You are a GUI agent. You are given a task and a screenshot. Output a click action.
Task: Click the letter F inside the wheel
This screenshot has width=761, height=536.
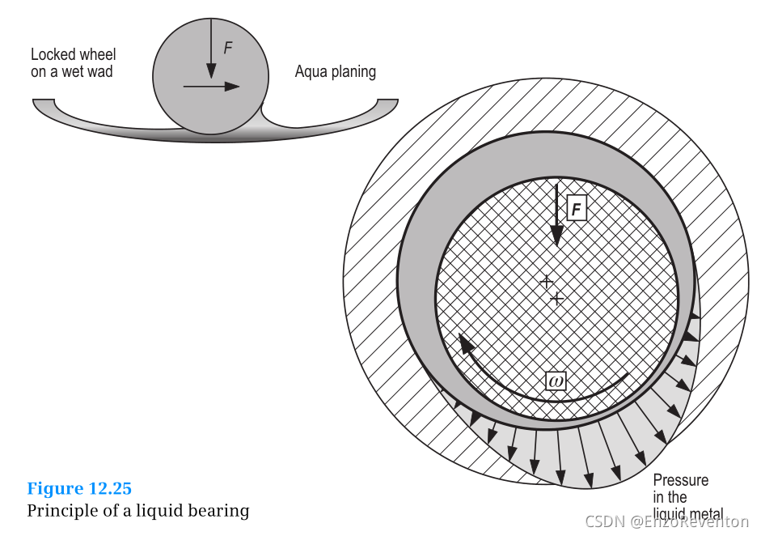click(x=227, y=48)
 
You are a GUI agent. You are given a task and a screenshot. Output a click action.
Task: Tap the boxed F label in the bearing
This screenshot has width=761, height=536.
click(x=576, y=209)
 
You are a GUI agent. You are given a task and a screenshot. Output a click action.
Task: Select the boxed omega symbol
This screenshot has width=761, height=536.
click(x=556, y=381)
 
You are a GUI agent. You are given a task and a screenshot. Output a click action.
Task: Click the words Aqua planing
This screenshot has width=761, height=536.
click(x=335, y=72)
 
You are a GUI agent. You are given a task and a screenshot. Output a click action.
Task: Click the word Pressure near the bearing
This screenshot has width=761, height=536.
click(x=680, y=480)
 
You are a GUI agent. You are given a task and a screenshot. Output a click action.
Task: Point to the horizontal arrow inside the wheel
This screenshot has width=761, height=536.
click(x=211, y=87)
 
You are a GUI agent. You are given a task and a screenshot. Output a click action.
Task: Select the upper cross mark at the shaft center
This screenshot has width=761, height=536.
click(x=547, y=282)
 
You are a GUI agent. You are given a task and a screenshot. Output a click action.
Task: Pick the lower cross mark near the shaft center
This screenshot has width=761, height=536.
click(x=556, y=298)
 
